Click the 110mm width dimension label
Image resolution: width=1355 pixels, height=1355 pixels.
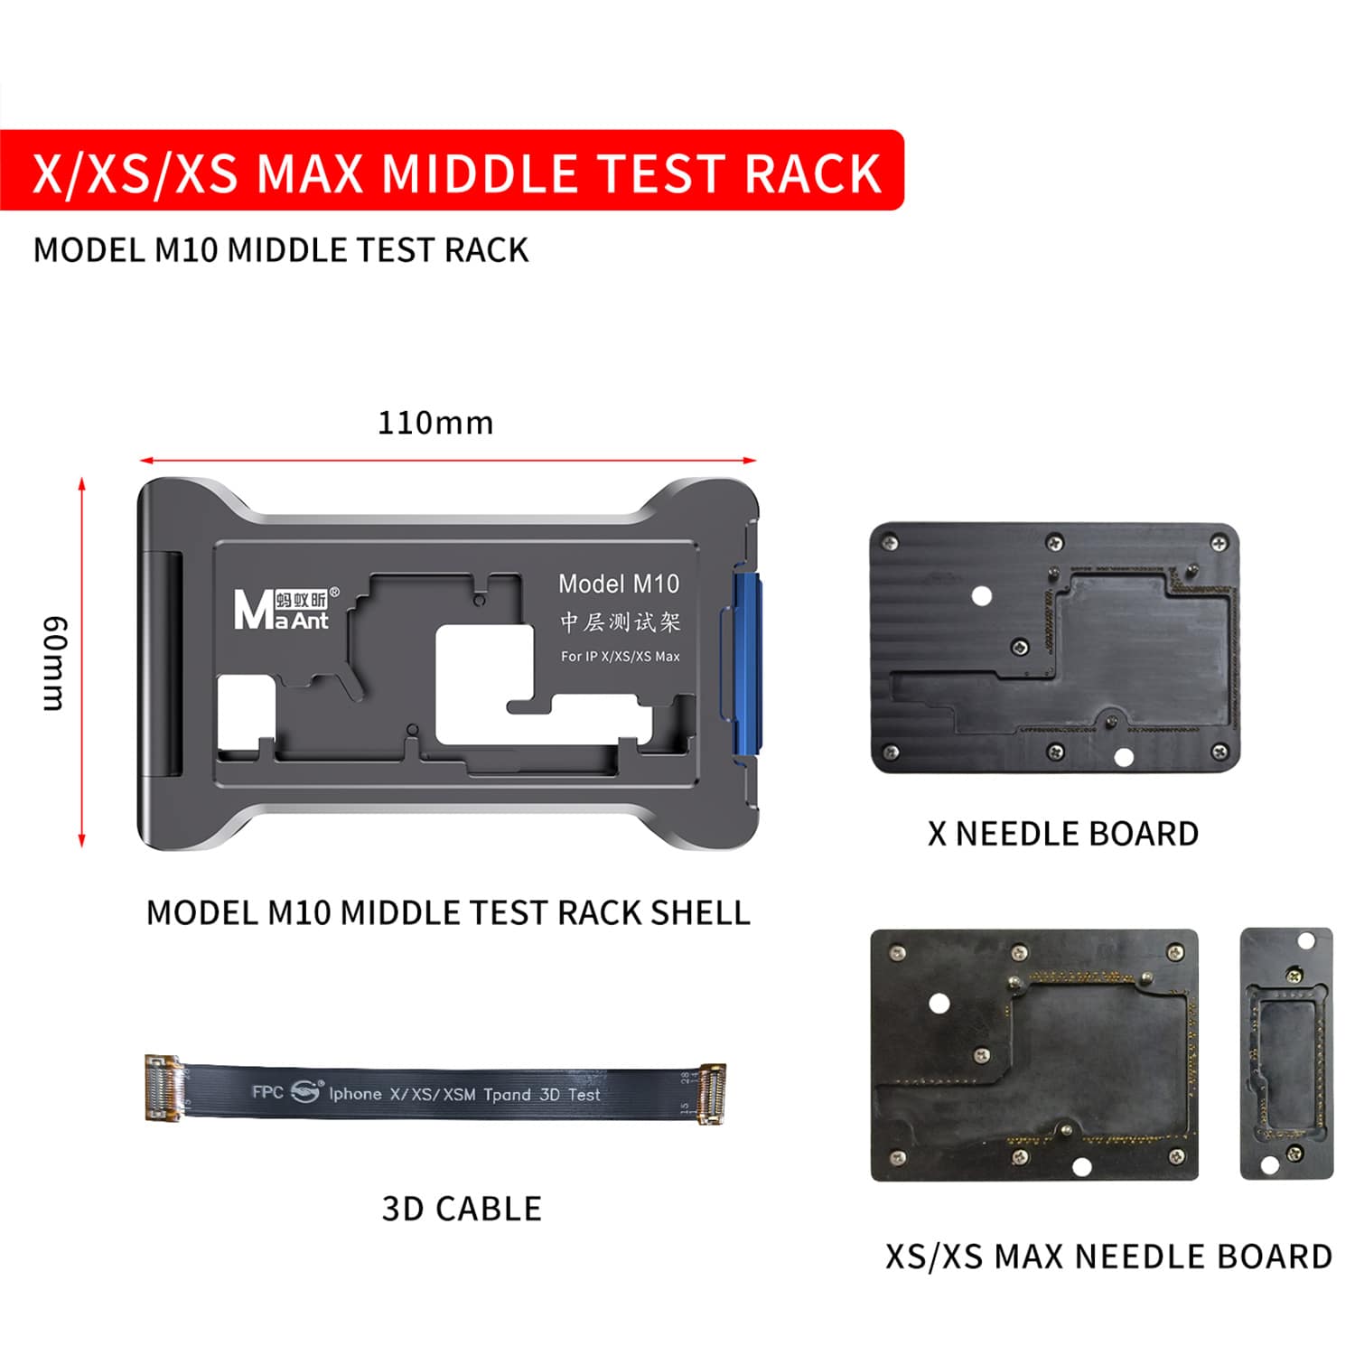(x=435, y=423)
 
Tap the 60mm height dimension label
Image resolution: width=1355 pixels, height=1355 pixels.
(x=54, y=663)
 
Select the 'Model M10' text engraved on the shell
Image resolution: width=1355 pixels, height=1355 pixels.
(x=618, y=584)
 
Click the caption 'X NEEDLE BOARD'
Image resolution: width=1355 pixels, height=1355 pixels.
(x=1062, y=834)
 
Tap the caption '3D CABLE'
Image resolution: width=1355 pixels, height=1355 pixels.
(x=462, y=1209)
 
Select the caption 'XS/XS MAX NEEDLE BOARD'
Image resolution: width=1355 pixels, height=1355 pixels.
(x=1108, y=1257)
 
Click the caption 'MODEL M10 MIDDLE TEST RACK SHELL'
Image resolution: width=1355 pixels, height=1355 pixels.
(x=448, y=912)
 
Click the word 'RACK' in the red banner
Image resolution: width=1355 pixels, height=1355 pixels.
(x=812, y=173)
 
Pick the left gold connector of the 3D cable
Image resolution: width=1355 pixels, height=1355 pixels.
(x=164, y=1088)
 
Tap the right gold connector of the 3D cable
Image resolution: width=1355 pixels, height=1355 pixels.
(x=710, y=1093)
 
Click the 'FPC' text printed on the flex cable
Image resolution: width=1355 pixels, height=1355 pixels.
(x=267, y=1091)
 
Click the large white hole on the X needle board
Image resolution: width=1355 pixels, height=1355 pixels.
(x=981, y=596)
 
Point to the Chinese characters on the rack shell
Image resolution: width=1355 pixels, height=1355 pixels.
(x=619, y=621)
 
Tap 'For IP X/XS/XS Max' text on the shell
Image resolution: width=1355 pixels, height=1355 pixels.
(x=620, y=657)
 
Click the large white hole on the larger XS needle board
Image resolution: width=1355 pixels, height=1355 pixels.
(x=939, y=1004)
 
